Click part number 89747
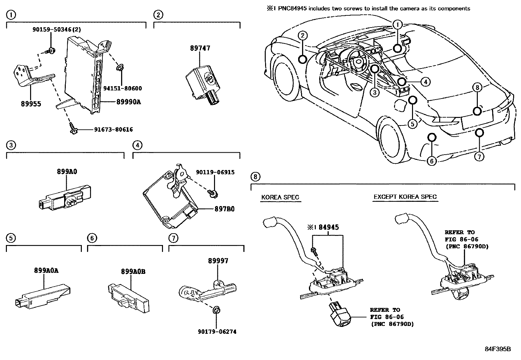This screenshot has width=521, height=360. pos(200,48)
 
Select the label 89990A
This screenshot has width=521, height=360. pos(129,102)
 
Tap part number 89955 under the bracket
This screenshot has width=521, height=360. pos(31,104)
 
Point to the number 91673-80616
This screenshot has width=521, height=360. pos(113,130)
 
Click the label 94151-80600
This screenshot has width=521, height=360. pos(122,88)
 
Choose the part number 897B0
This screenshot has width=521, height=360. pos(224,209)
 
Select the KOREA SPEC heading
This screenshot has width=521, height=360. pos(280,197)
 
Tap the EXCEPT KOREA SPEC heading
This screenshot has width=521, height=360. pos(405,197)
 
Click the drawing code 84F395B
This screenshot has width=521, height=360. pos(497,349)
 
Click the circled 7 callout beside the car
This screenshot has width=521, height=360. pos(479,157)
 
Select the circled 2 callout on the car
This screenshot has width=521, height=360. pos(303,35)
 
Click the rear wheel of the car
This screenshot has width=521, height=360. pos(389,140)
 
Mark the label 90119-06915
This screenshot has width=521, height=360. pos(215,172)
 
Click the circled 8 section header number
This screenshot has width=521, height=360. pos(256,177)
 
